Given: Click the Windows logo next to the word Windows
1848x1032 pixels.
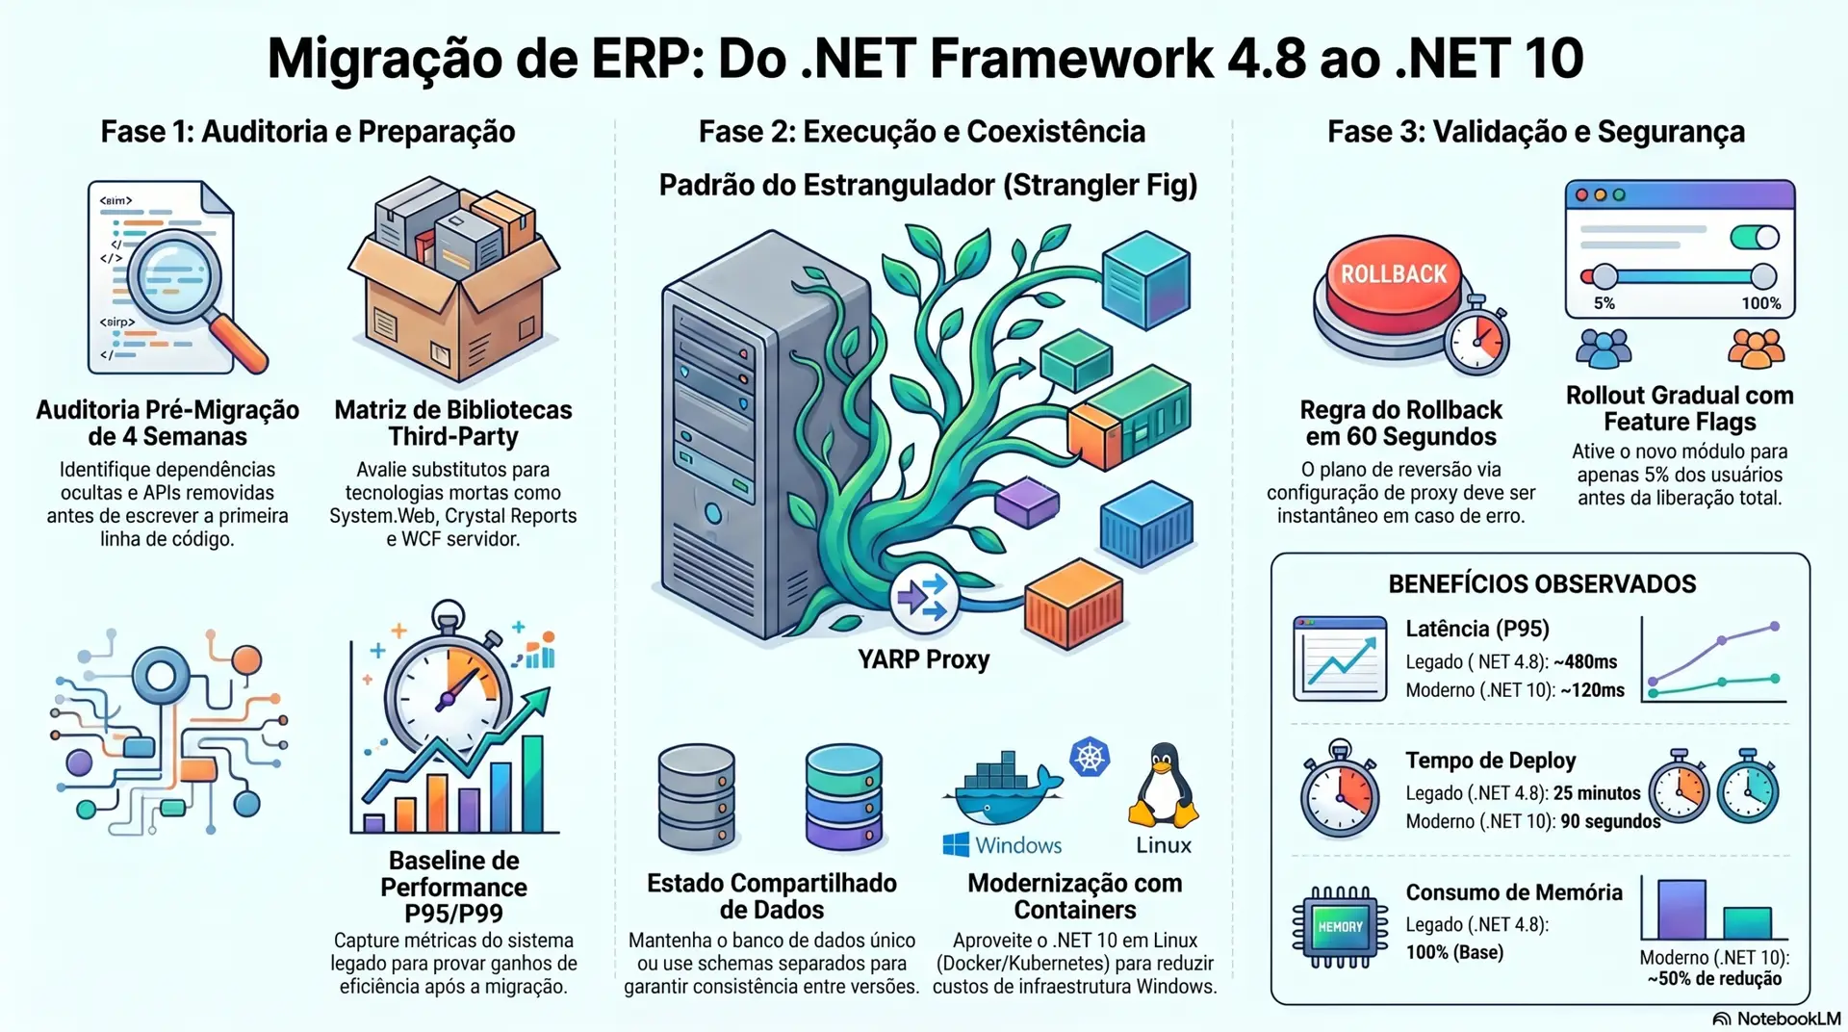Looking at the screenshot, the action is [x=956, y=845].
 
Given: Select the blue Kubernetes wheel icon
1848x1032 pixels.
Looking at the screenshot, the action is [x=1090, y=757].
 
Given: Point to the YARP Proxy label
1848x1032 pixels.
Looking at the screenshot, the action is [x=923, y=659].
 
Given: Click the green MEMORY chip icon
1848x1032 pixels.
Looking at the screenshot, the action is [x=1341, y=926].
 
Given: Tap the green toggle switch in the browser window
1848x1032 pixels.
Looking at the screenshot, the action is [x=1754, y=237].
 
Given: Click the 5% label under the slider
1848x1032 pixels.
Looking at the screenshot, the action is [x=1604, y=303].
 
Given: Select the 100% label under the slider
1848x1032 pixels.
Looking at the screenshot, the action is [x=1760, y=303].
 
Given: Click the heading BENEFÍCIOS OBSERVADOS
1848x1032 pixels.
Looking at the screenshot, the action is [x=1542, y=584].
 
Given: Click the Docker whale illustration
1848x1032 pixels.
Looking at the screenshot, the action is [x=1002, y=789].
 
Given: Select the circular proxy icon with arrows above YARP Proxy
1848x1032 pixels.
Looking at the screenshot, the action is [x=923, y=598].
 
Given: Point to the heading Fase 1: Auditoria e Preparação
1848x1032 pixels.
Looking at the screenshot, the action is [x=308, y=132].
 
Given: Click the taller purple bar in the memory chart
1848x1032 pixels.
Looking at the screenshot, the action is [x=1681, y=909].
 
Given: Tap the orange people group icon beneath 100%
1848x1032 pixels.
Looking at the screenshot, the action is [x=1757, y=348].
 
